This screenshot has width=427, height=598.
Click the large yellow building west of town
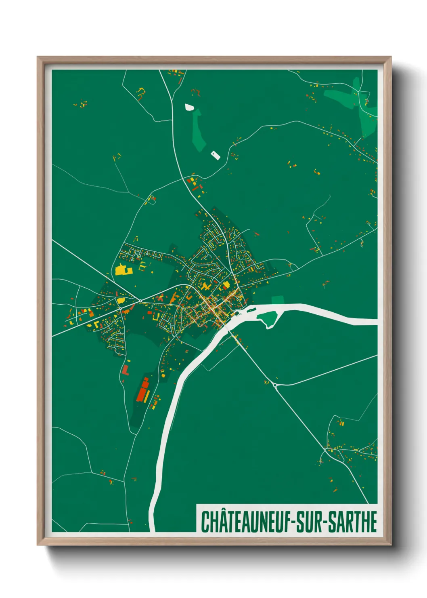point(121,270)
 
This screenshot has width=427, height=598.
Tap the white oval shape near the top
point(189,107)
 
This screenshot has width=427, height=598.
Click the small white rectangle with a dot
point(215,154)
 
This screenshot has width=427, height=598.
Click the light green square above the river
point(278,299)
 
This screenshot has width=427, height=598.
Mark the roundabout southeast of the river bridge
point(275,385)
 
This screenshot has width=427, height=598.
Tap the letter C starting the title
point(205,522)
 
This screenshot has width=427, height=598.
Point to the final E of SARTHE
point(373,522)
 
